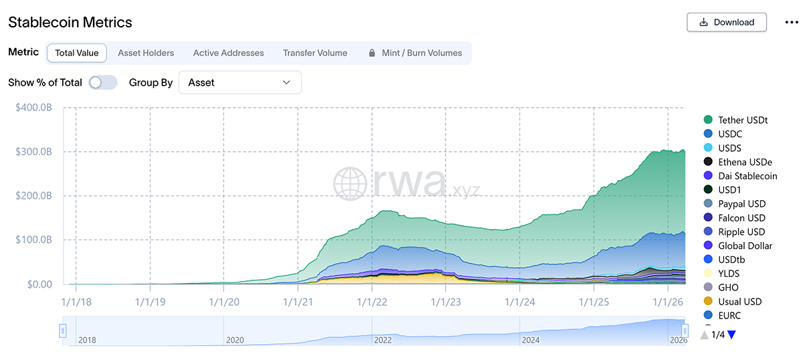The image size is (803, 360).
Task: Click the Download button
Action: (727, 22)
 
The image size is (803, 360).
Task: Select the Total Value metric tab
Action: (77, 53)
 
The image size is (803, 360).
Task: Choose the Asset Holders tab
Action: (146, 53)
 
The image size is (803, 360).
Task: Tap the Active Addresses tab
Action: (228, 53)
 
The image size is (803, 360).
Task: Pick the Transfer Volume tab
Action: (315, 53)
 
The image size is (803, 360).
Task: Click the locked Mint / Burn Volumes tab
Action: (416, 53)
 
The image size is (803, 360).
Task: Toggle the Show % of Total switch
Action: (103, 82)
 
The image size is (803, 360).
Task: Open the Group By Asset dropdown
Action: (240, 82)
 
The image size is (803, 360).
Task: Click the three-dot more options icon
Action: (792, 22)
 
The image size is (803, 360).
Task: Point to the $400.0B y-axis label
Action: (33, 108)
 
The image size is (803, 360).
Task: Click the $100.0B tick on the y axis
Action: (33, 240)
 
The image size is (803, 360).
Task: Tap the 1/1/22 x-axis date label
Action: (373, 302)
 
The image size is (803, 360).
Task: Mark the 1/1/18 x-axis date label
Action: (76, 302)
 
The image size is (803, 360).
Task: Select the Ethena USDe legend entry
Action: (745, 162)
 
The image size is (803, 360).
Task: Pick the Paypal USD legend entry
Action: (741, 203)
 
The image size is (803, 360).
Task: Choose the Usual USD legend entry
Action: (740, 301)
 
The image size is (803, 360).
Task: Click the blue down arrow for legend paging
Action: (731, 335)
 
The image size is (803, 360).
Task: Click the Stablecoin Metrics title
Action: (70, 22)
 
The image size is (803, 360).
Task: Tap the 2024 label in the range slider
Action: (531, 340)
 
